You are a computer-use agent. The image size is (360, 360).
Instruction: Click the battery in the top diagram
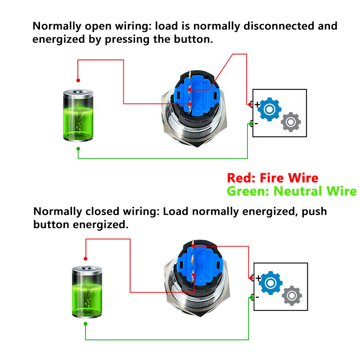click(79, 115)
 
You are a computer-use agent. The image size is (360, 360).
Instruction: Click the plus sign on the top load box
click(257, 104)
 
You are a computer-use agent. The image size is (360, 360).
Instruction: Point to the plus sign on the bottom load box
click(258, 278)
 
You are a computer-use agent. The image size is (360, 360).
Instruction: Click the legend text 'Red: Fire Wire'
click(272, 178)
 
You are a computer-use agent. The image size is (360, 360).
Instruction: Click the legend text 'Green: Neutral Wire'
click(291, 191)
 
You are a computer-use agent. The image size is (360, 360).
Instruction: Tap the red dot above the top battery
click(78, 81)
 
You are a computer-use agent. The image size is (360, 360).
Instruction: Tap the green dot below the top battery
click(78, 148)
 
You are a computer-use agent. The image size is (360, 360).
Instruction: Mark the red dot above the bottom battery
click(85, 259)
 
